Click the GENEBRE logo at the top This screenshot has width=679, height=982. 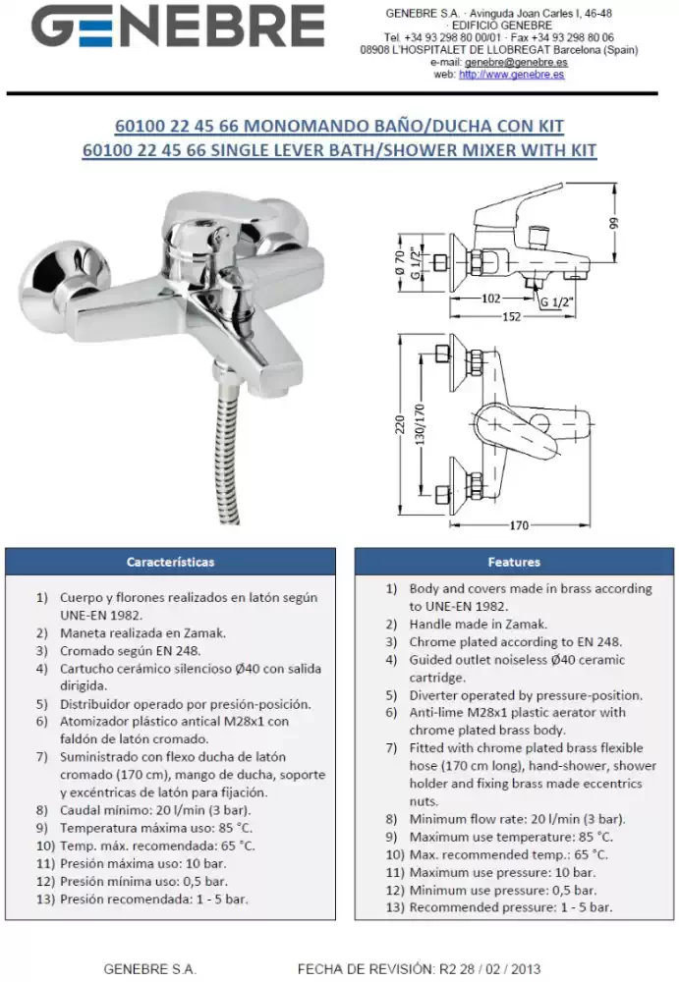click(178, 27)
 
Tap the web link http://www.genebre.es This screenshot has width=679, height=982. click(512, 75)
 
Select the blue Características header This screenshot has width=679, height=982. click(170, 562)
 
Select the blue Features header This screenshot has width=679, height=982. click(514, 562)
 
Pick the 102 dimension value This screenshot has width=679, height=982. click(492, 299)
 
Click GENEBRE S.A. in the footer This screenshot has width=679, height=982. click(149, 967)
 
